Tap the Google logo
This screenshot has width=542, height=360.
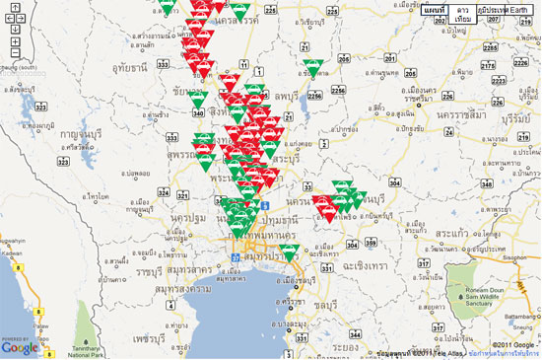click(20, 346)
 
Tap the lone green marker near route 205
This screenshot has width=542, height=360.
click(314, 67)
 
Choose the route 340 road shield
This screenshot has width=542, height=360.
click(199, 112)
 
